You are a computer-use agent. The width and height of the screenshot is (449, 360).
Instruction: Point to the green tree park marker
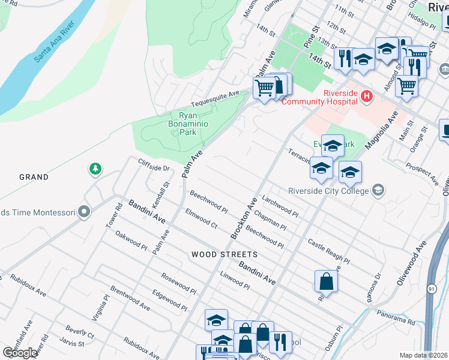(x=95, y=169)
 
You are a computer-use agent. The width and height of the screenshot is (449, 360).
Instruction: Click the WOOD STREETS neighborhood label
(x=224, y=254)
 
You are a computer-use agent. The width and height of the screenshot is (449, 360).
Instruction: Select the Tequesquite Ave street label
(x=215, y=98)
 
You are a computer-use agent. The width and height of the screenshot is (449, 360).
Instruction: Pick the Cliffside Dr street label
(x=154, y=166)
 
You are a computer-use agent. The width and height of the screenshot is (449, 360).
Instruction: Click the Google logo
(x=20, y=353)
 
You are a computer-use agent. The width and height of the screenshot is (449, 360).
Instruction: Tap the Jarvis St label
(x=72, y=343)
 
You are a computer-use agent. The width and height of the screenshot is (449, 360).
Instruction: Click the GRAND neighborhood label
(x=34, y=177)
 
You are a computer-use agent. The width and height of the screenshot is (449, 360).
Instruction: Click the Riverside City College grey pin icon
(x=378, y=191)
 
